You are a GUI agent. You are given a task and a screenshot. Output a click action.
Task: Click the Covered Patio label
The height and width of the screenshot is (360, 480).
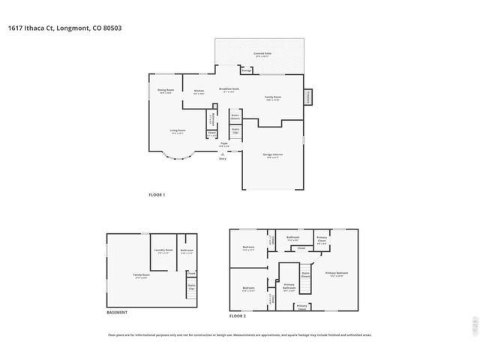262,55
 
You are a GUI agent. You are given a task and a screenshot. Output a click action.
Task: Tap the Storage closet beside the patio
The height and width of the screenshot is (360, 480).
246,70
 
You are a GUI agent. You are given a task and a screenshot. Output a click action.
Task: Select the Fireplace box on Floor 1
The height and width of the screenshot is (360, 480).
307,97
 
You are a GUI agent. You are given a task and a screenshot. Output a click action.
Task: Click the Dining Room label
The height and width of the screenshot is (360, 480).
165,91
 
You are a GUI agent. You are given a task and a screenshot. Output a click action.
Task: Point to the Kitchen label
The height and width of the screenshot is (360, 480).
199,92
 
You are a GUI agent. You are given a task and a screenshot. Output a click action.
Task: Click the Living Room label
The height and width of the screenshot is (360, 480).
177,132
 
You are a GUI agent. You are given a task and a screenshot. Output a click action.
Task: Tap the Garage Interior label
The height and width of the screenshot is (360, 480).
271,156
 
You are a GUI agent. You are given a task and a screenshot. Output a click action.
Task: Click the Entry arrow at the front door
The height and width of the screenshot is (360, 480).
222,154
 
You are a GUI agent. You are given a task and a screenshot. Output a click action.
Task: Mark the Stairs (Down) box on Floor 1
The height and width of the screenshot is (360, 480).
235,117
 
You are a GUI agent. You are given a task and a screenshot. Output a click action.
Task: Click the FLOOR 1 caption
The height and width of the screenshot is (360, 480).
156,195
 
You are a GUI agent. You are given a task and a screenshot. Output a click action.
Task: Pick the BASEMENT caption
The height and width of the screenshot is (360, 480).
116,312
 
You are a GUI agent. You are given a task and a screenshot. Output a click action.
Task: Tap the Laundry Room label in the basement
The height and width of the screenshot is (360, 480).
163,251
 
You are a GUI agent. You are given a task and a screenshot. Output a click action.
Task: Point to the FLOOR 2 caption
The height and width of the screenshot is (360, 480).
238,316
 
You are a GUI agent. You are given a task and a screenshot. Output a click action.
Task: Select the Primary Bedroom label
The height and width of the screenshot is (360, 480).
336,274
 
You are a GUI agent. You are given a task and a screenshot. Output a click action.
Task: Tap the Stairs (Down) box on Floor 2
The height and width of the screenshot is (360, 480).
306,274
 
